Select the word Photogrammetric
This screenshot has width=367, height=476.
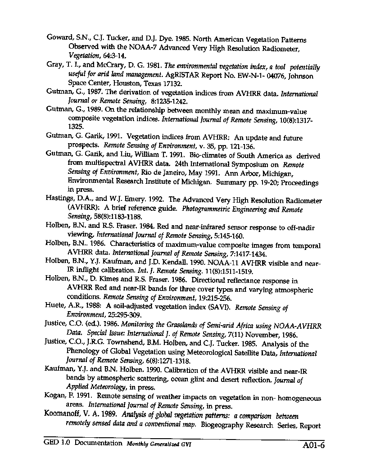point(208,209)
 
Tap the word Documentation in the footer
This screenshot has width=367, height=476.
point(98,443)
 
